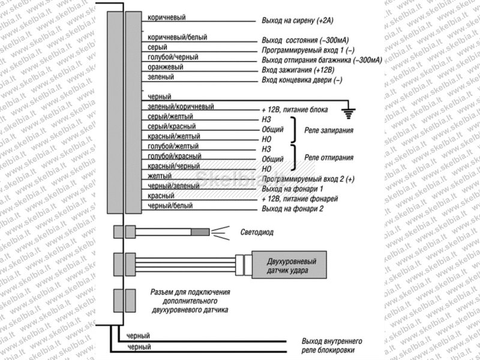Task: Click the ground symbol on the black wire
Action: (x=349, y=113)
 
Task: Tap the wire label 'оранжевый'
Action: (x=166, y=67)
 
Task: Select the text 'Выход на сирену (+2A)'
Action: (x=297, y=20)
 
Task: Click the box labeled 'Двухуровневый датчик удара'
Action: (x=289, y=265)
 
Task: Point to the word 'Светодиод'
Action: (x=257, y=232)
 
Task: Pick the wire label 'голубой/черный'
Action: (x=173, y=57)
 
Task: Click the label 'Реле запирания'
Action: (x=329, y=130)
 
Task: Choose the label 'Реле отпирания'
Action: (x=329, y=158)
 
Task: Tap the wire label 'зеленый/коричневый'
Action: (x=181, y=107)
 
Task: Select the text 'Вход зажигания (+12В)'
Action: (x=298, y=70)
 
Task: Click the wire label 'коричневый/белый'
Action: (x=177, y=37)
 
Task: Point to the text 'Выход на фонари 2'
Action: (x=292, y=209)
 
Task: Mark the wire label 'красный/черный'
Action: (x=173, y=166)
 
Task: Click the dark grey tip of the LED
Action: (x=200, y=232)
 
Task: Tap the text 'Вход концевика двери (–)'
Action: (x=302, y=80)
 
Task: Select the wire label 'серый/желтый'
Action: (x=170, y=116)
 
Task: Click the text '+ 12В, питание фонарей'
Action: (x=299, y=199)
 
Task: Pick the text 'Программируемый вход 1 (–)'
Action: (x=308, y=50)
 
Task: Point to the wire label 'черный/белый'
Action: (x=170, y=205)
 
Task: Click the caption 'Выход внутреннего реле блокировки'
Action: (x=332, y=346)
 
